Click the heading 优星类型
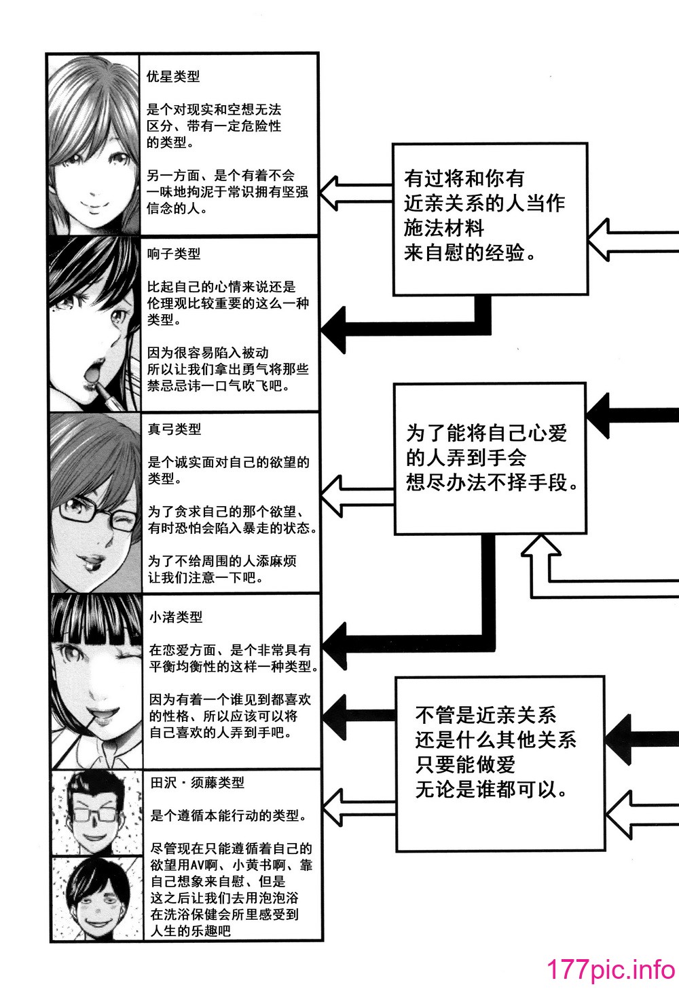click(x=173, y=77)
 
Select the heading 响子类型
click(x=174, y=254)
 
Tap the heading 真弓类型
click(x=175, y=429)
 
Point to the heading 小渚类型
click(x=175, y=617)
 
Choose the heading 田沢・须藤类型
click(x=197, y=783)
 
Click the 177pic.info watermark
click(x=611, y=968)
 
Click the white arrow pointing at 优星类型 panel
click(x=356, y=193)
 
